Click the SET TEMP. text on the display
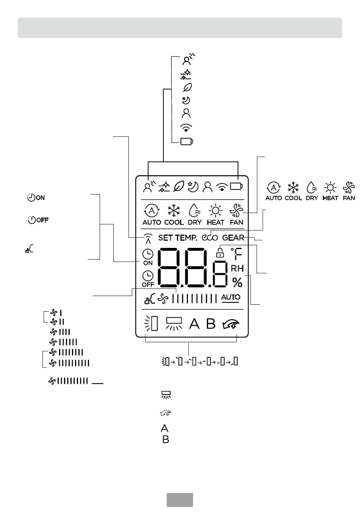click(177, 238)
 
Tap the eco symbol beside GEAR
click(210, 238)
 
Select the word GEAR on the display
click(233, 238)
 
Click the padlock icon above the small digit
click(220, 252)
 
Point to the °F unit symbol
click(236, 254)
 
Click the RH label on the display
click(237, 268)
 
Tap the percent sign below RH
click(237, 282)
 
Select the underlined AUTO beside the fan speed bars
click(230, 298)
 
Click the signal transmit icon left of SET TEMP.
click(148, 239)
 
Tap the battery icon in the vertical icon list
click(186, 141)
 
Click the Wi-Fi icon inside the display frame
click(222, 187)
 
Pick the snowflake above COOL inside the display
click(174, 211)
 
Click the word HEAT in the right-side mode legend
click(330, 198)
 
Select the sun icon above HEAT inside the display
click(215, 210)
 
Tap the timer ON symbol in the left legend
click(36, 197)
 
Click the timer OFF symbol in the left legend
click(38, 220)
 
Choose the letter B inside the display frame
click(211, 324)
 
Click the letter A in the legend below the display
click(164, 428)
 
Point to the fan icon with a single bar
click(56, 313)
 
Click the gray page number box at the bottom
click(180, 500)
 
